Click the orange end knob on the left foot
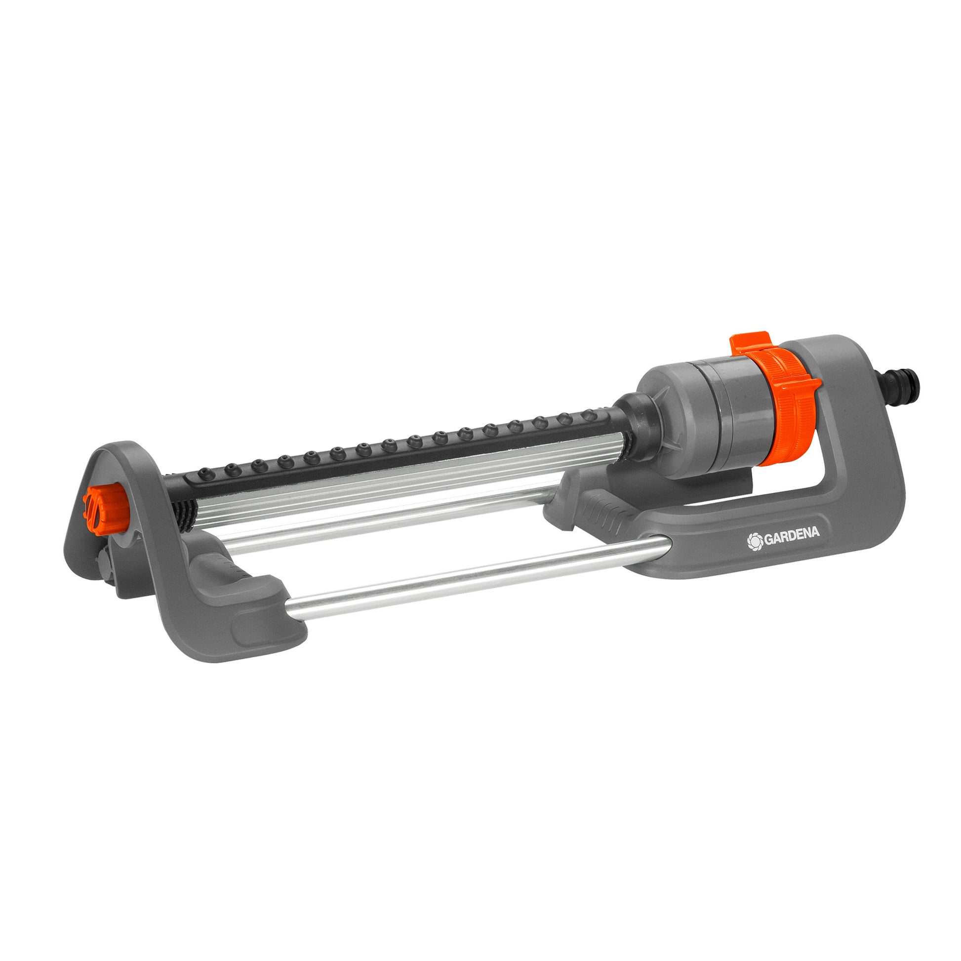pyautogui.click(x=99, y=503)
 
